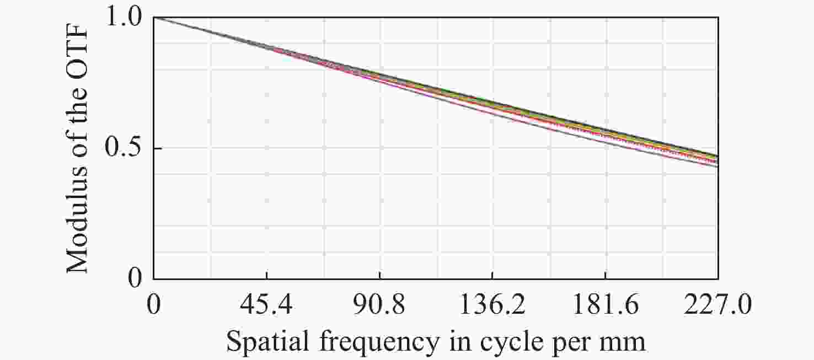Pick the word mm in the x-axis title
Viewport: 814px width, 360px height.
pyautogui.click(x=625, y=342)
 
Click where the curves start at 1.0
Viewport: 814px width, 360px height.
pyautogui.click(x=154, y=17)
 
